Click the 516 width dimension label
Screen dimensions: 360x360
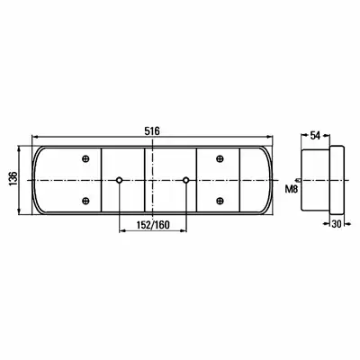(x=152, y=131)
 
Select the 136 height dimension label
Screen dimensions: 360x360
(x=13, y=179)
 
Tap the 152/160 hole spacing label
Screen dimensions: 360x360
(x=153, y=225)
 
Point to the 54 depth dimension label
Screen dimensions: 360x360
(x=315, y=136)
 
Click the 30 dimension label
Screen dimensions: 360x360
(x=337, y=223)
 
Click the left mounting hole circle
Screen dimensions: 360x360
(x=119, y=180)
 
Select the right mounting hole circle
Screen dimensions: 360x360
(x=186, y=180)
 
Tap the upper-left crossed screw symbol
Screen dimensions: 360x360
(x=85, y=158)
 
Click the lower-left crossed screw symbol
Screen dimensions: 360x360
(x=85, y=201)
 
